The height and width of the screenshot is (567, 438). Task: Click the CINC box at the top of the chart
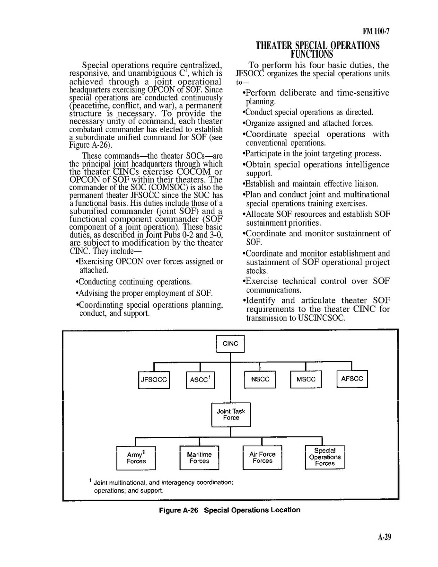230,344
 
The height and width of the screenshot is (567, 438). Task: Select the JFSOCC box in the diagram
154,380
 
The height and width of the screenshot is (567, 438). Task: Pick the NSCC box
260,380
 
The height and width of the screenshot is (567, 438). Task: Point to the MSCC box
306,380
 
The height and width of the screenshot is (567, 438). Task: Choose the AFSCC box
351,379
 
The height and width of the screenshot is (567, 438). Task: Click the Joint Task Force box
231,415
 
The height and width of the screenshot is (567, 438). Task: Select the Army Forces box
136,458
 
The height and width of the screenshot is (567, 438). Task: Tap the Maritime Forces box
199,458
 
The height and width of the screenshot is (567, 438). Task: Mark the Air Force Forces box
262,458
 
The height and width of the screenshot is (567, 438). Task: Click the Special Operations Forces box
325,457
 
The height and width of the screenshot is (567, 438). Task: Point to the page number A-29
384,537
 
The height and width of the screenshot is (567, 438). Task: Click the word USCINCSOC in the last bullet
321,318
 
